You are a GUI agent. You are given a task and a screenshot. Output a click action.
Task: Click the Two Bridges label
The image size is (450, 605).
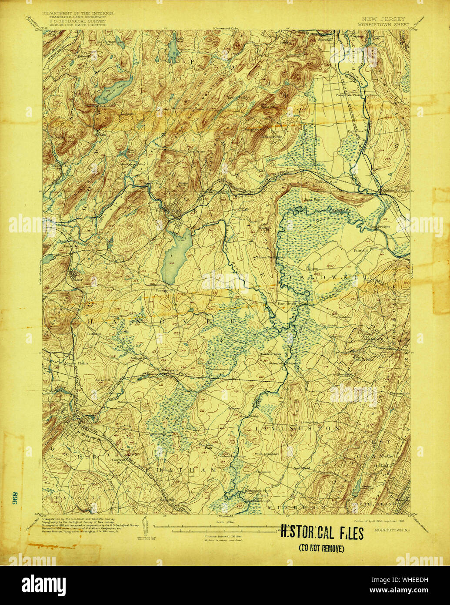[x=380, y=227]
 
